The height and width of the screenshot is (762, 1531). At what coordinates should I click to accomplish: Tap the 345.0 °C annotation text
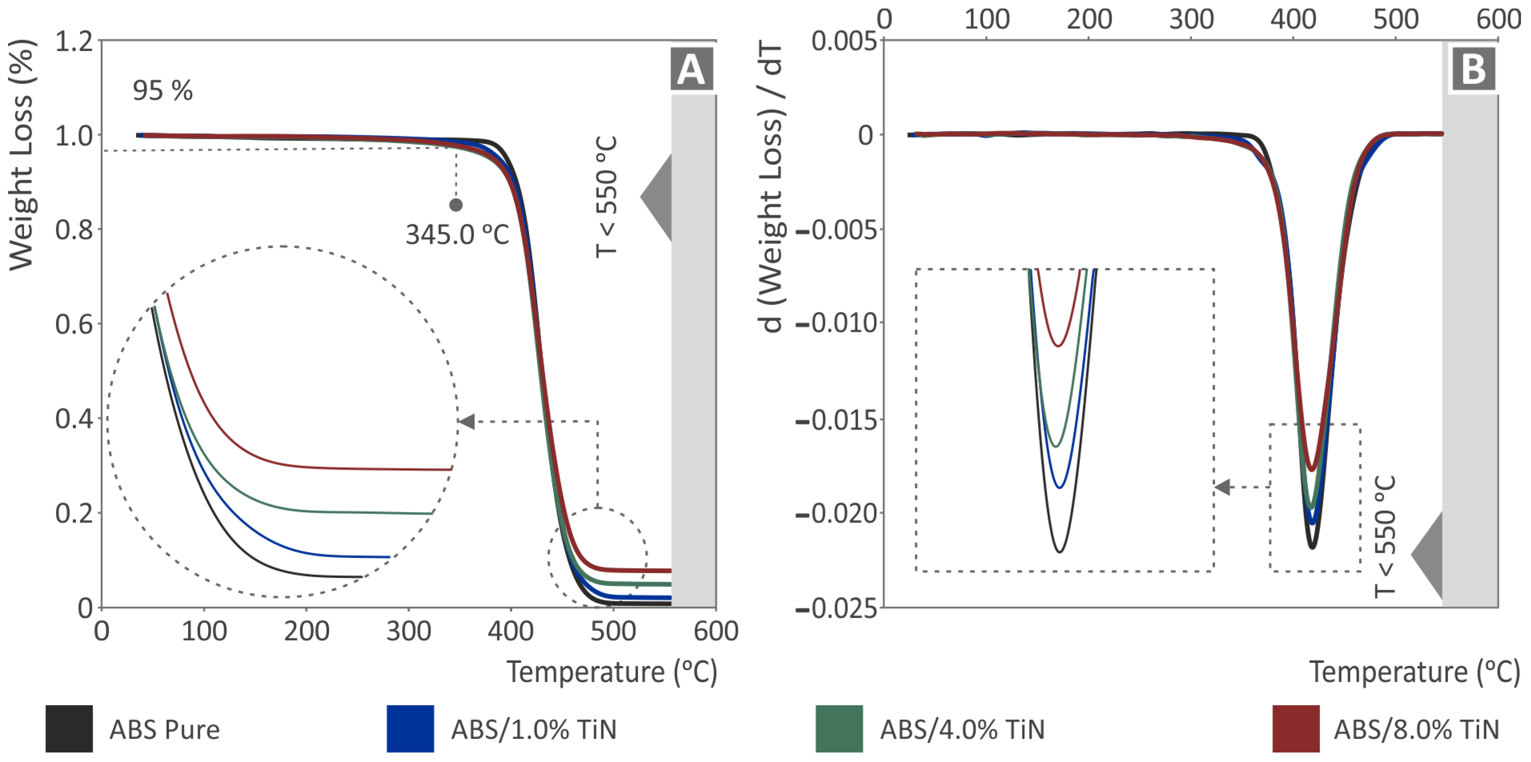[x=457, y=235]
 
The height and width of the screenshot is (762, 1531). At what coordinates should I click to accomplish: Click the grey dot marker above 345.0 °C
[x=456, y=205]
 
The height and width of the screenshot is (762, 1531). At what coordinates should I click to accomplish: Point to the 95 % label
[x=162, y=91]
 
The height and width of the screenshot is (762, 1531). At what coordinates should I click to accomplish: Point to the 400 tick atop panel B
[x=1293, y=19]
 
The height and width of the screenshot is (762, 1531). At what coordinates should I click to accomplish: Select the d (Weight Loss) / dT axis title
[x=771, y=187]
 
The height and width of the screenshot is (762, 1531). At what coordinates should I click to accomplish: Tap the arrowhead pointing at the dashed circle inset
[x=467, y=422]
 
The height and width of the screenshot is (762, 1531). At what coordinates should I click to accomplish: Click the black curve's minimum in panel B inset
[x=1059, y=552]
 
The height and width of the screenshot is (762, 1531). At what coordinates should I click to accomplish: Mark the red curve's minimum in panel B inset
[x=1058, y=346]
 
